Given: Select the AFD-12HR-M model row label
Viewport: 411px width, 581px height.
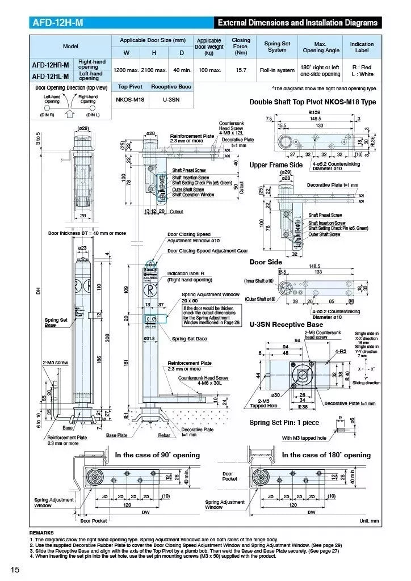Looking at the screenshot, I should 51,65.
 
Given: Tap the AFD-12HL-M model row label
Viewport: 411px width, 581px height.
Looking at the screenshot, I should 51,75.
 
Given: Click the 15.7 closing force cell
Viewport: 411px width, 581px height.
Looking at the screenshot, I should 241,70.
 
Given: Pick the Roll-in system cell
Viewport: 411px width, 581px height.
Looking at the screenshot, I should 277,70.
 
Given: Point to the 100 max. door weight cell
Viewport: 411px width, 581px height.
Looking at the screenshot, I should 208,70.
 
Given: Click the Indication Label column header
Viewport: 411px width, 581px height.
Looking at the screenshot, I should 362,47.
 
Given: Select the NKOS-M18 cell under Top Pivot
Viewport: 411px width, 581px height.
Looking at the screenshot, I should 131,99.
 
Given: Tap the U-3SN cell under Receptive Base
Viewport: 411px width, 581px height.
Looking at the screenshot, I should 170,99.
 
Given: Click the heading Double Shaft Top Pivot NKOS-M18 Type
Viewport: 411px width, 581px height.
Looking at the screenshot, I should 312,102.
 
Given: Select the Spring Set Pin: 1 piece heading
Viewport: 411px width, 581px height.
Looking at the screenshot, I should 284,422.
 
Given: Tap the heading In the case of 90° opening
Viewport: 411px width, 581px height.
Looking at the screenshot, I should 157,455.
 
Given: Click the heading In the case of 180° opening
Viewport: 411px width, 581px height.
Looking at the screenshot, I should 326,455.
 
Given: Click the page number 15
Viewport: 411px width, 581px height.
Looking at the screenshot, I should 15,569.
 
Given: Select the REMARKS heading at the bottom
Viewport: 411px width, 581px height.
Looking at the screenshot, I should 41,533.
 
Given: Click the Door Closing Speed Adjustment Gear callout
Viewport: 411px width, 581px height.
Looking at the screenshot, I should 207,250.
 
